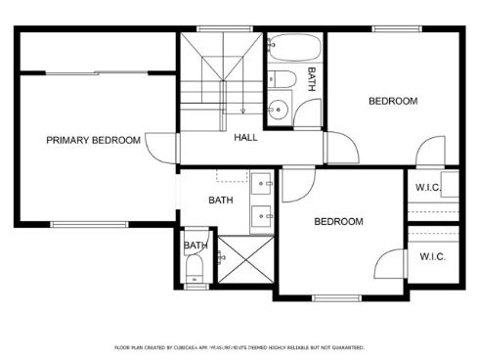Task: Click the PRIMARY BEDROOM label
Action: [x=93, y=141]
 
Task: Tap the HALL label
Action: [x=245, y=138]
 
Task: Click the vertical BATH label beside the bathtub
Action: [x=312, y=79]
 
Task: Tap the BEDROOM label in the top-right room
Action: [x=393, y=101]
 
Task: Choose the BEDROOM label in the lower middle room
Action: [x=338, y=222]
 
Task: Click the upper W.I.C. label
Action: [x=430, y=188]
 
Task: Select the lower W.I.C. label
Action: [x=432, y=257]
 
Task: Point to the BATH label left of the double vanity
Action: [x=221, y=202]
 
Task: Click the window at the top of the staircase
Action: [x=218, y=29]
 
